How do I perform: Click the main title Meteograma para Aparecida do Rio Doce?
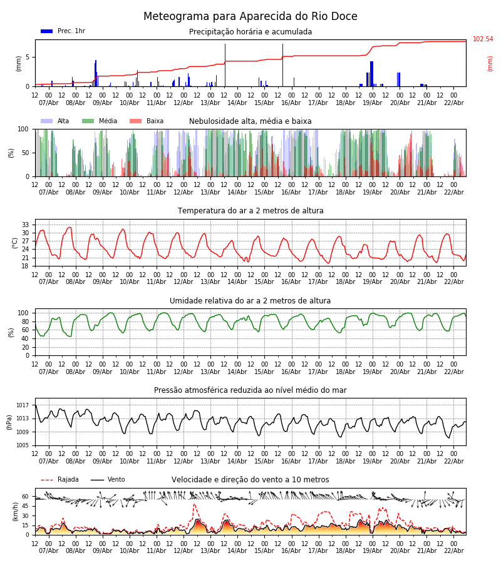click(x=250, y=17)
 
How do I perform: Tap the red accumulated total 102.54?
click(x=483, y=39)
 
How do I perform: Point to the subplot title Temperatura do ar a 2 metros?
click(x=250, y=211)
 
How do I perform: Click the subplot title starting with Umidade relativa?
click(x=250, y=301)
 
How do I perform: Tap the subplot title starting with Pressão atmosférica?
click(x=250, y=390)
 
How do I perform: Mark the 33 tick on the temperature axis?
click(x=26, y=225)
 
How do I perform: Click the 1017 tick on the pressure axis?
click(x=23, y=405)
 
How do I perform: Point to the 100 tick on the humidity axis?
click(x=24, y=313)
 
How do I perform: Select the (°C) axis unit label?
click(x=16, y=242)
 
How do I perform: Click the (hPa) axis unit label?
click(x=9, y=422)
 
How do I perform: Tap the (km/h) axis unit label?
click(x=16, y=512)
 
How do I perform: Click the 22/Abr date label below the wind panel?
click(x=453, y=550)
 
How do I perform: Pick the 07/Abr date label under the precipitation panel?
click(x=49, y=103)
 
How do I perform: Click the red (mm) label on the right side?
click(x=490, y=63)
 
